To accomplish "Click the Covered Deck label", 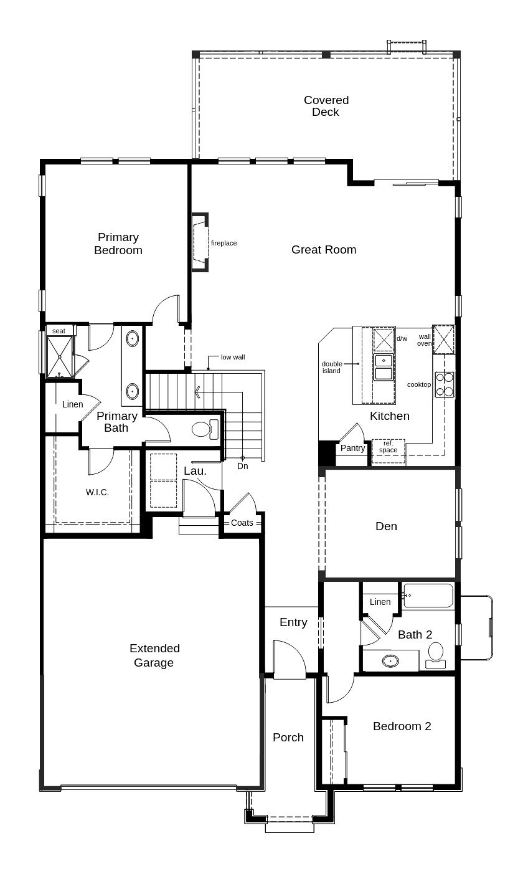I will click(326, 106).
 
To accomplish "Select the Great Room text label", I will click(324, 250).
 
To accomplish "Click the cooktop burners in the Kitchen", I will click(445, 384).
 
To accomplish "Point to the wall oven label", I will click(425, 340).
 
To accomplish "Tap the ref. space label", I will click(388, 447).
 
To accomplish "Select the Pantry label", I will click(352, 448).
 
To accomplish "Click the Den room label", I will click(386, 526).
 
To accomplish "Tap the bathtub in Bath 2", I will click(428, 596).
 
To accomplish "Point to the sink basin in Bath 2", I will click(390, 661).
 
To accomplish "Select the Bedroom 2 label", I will click(402, 726).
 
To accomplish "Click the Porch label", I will click(288, 738).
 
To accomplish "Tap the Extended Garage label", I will click(154, 655).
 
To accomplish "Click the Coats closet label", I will click(242, 523).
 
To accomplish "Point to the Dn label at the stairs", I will click(242, 466).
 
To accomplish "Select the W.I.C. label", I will click(97, 492).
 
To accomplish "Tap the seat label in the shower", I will click(59, 331).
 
